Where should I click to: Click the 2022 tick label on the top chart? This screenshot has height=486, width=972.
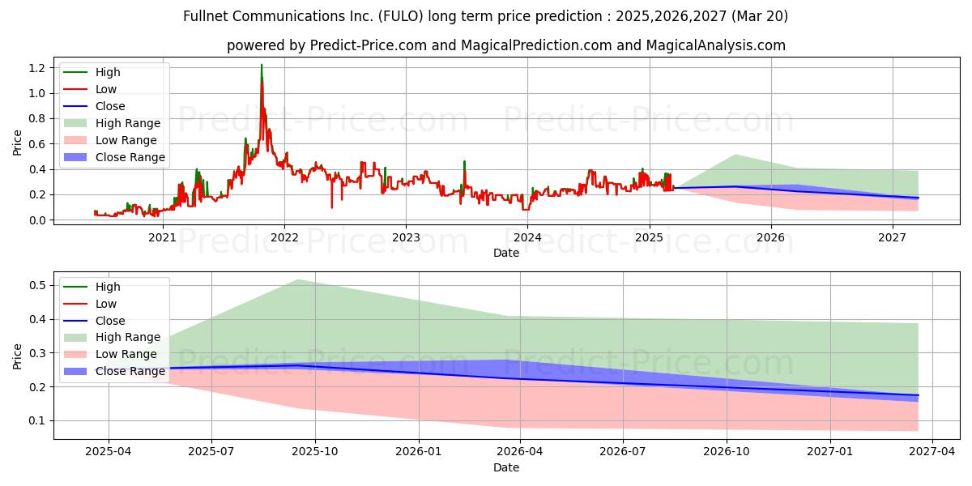tap(284, 237)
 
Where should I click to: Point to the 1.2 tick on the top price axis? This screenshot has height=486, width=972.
tap(37, 68)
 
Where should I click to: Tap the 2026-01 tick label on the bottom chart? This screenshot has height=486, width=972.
tap(419, 451)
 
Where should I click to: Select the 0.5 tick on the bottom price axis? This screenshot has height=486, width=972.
tap(37, 285)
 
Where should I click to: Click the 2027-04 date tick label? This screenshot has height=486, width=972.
tap(932, 451)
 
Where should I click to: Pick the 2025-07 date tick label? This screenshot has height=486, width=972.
tap(211, 451)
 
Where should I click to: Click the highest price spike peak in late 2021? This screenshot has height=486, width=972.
tap(261, 65)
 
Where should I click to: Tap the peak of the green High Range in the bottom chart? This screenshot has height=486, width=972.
tap(299, 280)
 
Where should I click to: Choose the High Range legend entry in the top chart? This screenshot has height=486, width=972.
tap(112, 123)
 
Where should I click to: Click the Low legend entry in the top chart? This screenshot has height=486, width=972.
tap(90, 89)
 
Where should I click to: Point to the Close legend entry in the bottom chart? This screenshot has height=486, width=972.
tap(94, 321)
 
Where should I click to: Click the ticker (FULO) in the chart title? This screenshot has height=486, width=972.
tap(400, 16)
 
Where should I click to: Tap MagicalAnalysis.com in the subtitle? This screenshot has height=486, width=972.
tap(715, 45)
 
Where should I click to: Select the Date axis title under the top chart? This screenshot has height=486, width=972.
tap(506, 253)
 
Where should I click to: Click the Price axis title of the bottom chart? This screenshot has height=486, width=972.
tap(17, 356)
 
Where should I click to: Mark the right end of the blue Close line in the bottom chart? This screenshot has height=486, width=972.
tap(918, 395)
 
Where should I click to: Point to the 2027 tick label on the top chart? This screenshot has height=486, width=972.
tap(892, 237)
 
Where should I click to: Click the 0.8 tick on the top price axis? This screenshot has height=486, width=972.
tap(37, 118)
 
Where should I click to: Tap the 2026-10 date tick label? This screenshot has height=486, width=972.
tap(727, 451)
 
